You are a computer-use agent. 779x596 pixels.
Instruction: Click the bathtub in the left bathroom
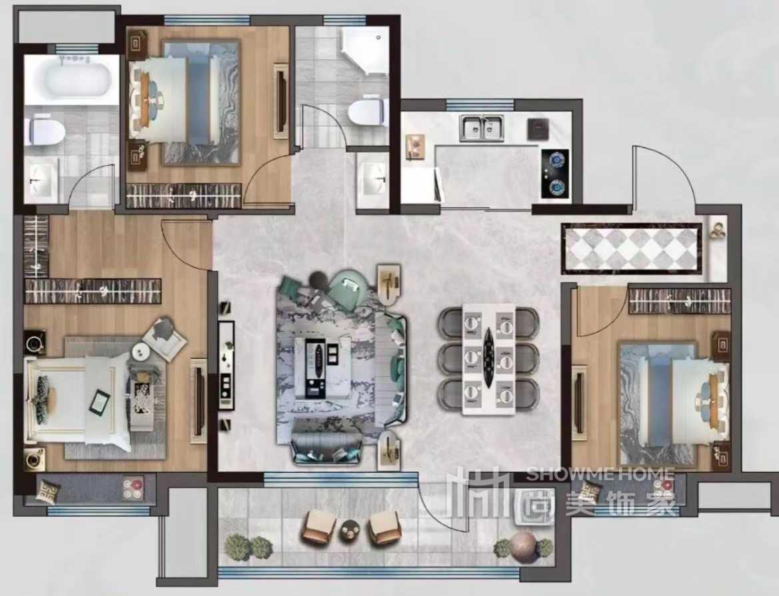[x=72, y=79]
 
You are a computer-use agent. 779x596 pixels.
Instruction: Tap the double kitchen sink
[x=482, y=127]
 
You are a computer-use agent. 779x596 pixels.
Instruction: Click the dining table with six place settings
[x=488, y=359]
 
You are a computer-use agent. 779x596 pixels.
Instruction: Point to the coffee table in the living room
[x=323, y=367]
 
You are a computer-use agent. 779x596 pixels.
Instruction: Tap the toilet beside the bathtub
[x=46, y=131]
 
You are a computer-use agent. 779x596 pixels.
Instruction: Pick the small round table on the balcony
[x=351, y=530]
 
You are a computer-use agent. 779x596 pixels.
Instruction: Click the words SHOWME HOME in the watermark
[x=600, y=474]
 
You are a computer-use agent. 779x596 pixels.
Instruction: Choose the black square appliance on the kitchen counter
[x=537, y=128]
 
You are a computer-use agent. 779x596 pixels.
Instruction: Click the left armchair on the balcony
[x=319, y=527]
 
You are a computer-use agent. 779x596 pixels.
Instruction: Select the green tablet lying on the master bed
[x=100, y=402]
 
